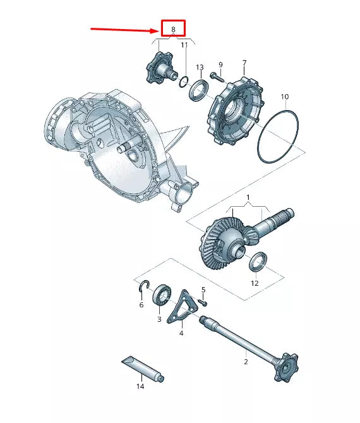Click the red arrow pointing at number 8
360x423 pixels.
click(124, 29)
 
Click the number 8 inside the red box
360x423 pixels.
click(173, 30)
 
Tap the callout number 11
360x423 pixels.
click(184, 45)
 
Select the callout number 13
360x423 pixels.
click(199, 67)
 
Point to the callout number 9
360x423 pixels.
click(220, 64)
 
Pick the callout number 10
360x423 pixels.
click(285, 97)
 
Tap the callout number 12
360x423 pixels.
click(255, 283)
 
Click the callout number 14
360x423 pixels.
click(140, 386)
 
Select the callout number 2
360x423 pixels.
click(246, 362)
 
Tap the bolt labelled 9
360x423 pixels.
click(217, 77)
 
